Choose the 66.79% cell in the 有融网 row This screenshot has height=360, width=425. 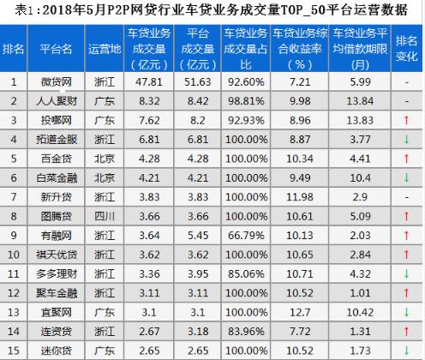click(245, 234)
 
